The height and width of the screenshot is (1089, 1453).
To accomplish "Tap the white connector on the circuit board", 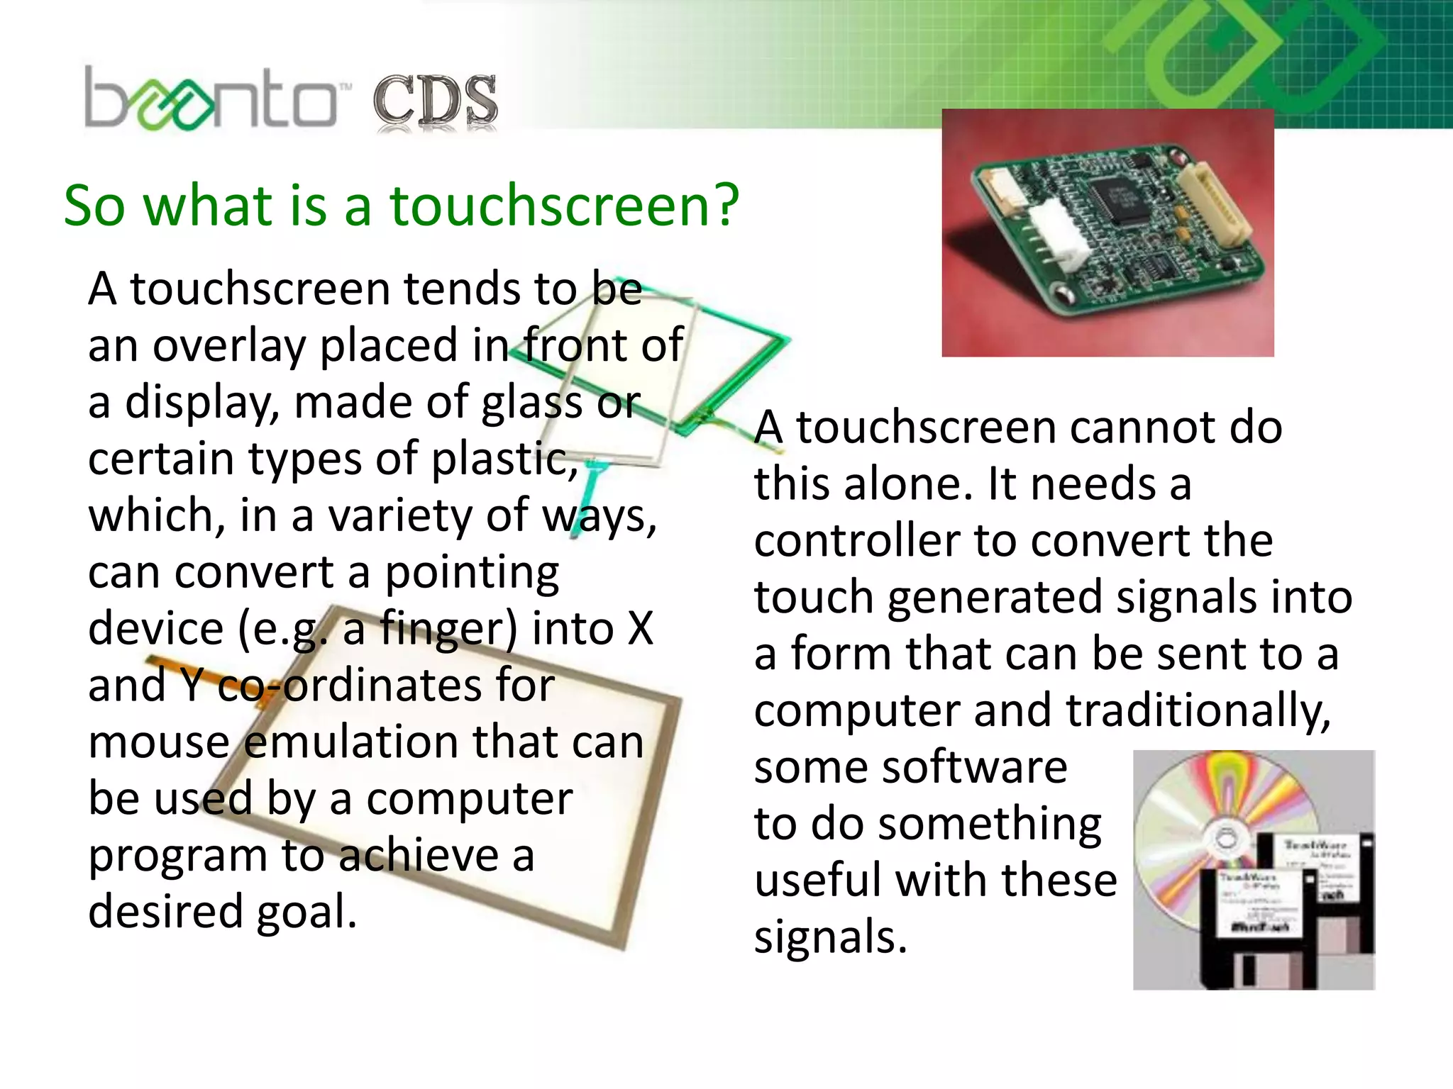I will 1062,238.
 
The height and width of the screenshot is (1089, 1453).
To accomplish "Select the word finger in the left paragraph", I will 448,629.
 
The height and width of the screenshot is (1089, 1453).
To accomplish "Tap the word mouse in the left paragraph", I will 160,742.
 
